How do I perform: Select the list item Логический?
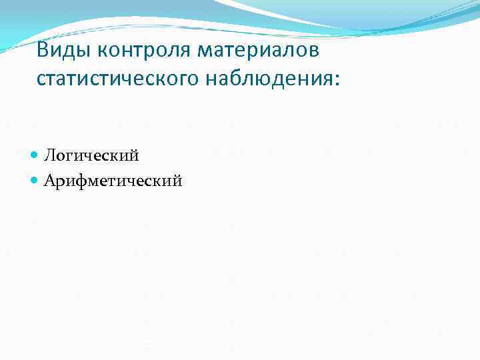[x=91, y=156]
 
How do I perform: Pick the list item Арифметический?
[x=113, y=180]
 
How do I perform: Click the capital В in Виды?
[x=43, y=51]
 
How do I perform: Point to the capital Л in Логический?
[x=50, y=156]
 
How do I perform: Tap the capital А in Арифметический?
[x=50, y=180]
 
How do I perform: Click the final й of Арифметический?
[x=176, y=179]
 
